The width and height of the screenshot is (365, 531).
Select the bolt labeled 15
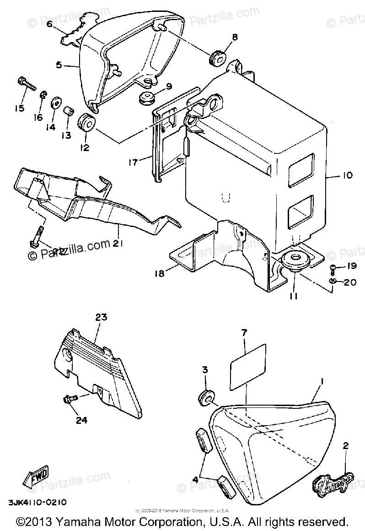(27, 84)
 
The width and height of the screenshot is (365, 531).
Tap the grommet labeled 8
(218, 60)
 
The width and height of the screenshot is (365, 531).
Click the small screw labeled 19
(334, 267)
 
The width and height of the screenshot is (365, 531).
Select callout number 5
(58, 65)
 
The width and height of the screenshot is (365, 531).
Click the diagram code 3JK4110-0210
(37, 502)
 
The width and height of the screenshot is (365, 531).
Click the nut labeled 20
(333, 280)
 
